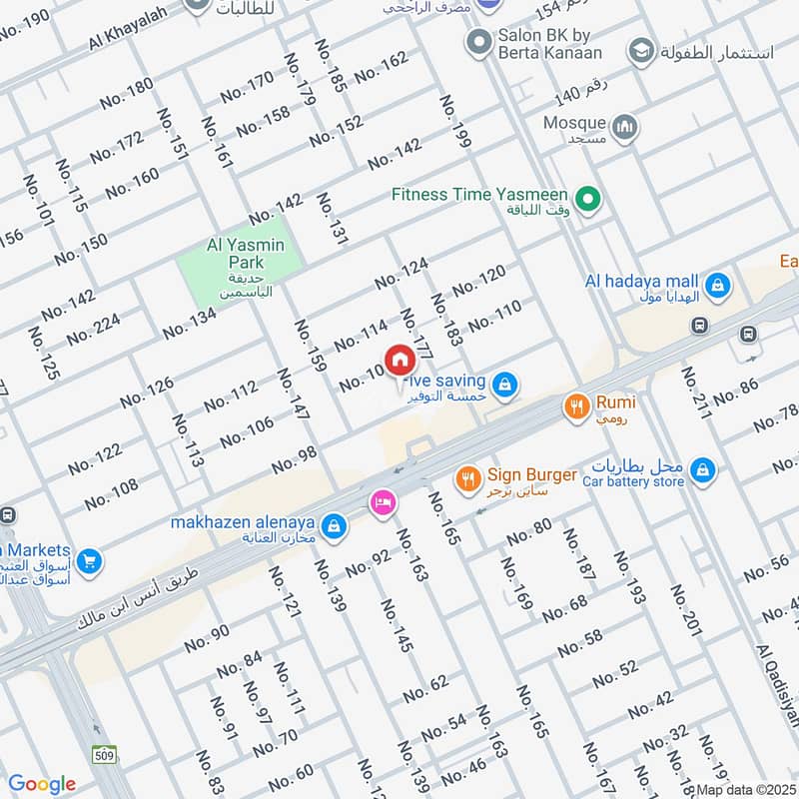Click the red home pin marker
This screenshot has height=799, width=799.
pyautogui.click(x=399, y=359)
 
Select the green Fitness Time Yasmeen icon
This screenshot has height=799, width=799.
pyautogui.click(x=588, y=201)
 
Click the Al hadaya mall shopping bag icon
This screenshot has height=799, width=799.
pyautogui.click(x=715, y=288)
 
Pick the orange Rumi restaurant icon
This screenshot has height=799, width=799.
pyautogui.click(x=575, y=405)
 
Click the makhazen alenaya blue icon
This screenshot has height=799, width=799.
pyautogui.click(x=336, y=523)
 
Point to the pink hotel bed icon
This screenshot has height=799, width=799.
pyautogui.click(x=381, y=501)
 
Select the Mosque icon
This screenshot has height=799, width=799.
pyautogui.click(x=626, y=128)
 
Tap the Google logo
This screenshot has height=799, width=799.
pyautogui.click(x=42, y=784)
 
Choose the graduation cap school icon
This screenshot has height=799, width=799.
pyautogui.click(x=640, y=50)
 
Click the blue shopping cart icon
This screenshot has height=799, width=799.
pyautogui.click(x=89, y=561)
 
